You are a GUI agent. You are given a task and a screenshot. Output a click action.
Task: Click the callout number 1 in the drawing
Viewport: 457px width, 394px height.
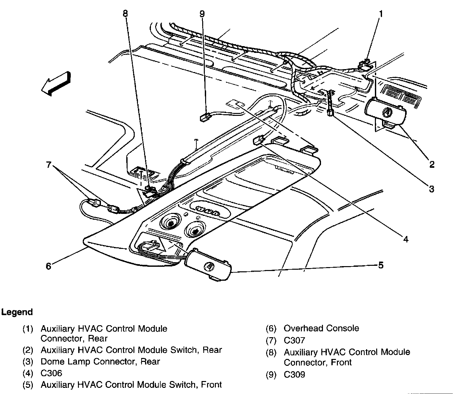381,14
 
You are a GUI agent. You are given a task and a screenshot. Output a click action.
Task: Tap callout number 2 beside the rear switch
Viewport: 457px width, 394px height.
431,165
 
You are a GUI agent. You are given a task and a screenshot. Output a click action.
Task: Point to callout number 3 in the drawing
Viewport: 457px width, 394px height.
431,189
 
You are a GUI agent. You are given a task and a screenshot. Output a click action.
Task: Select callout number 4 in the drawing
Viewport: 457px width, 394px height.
406,240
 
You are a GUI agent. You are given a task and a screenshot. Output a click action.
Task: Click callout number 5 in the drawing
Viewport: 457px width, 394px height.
381,265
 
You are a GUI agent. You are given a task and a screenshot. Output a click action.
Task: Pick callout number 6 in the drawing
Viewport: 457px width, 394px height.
48,266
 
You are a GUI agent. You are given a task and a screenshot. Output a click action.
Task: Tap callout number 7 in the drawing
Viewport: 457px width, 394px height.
48,165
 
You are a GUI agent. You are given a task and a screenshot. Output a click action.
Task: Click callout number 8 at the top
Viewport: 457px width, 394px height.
125,14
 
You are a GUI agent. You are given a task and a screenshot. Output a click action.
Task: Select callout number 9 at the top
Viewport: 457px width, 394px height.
202,14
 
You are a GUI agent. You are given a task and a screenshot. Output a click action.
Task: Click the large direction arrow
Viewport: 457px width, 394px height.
56,84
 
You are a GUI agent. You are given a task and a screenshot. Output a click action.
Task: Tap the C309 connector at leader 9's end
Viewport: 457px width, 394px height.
204,117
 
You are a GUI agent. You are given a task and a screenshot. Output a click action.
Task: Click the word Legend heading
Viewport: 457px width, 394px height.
17,312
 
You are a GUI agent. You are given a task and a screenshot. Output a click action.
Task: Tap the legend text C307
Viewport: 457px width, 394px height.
294,340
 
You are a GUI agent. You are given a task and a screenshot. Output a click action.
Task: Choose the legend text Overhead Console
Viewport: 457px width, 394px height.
321,328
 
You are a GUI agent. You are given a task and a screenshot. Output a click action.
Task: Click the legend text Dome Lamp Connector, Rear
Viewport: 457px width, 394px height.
100,361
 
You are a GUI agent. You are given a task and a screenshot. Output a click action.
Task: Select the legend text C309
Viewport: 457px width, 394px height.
294,375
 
